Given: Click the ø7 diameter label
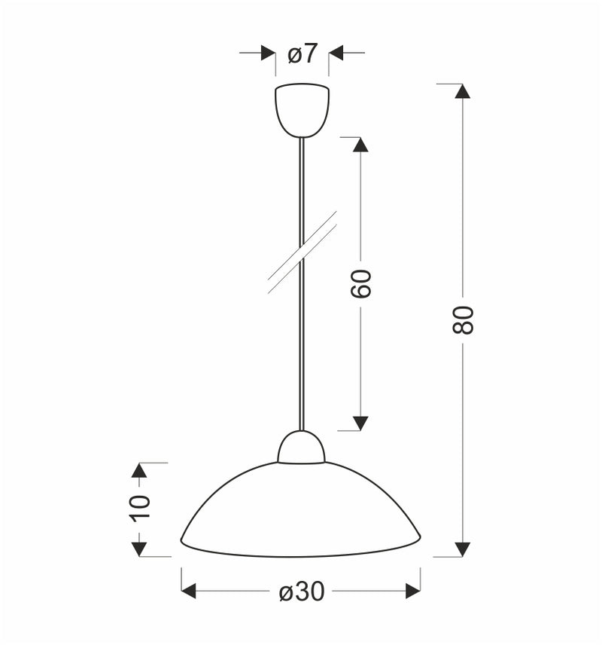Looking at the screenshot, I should click(303, 54).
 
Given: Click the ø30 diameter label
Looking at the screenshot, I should click(302, 592).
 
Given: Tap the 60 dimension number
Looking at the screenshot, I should click(362, 283).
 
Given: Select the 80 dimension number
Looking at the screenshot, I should click(464, 320).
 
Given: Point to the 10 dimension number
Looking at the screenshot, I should click(139, 509).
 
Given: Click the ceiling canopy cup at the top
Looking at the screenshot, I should click(303, 110).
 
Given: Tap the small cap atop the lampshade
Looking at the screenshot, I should click(302, 448).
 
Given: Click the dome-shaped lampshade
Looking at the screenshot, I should click(301, 512).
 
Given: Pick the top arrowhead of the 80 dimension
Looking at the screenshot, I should click(463, 91).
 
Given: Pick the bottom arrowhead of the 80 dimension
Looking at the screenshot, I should click(463, 549).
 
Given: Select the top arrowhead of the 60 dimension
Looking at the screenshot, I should click(360, 145).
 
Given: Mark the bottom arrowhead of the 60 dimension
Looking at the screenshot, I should click(360, 423).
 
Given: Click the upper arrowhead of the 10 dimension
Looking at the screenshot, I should click(138, 470).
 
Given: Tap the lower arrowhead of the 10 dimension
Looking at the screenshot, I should click(138, 549).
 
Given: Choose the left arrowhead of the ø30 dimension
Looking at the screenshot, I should click(189, 592).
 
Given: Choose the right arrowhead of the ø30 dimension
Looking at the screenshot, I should click(413, 592).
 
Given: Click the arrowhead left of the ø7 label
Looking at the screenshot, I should click(268, 53).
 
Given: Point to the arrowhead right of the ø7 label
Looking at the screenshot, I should click(336, 53).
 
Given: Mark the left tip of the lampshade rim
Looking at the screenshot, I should click(182, 540).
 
